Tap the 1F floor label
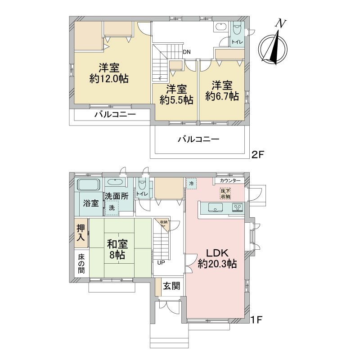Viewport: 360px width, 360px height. (x=256, y=320)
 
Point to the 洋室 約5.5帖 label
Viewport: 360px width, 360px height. (x=176, y=94)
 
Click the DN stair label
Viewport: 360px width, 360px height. (x=187, y=52)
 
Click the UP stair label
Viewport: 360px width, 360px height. (x=161, y=262)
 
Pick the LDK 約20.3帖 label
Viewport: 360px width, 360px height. (x=217, y=259)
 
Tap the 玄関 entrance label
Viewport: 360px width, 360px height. (x=171, y=286)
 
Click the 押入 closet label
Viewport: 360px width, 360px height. (x=81, y=233)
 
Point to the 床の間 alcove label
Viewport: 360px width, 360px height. (x=81, y=264)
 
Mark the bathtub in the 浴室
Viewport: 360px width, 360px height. (x=88, y=185)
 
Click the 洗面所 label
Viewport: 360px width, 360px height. (x=117, y=196)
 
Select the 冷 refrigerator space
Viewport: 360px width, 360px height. (x=191, y=184)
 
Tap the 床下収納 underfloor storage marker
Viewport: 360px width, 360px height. (x=225, y=194)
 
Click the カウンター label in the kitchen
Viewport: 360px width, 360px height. (x=230, y=181)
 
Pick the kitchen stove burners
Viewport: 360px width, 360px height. (x=238, y=208)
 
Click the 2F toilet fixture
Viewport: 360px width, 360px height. (x=237, y=29)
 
